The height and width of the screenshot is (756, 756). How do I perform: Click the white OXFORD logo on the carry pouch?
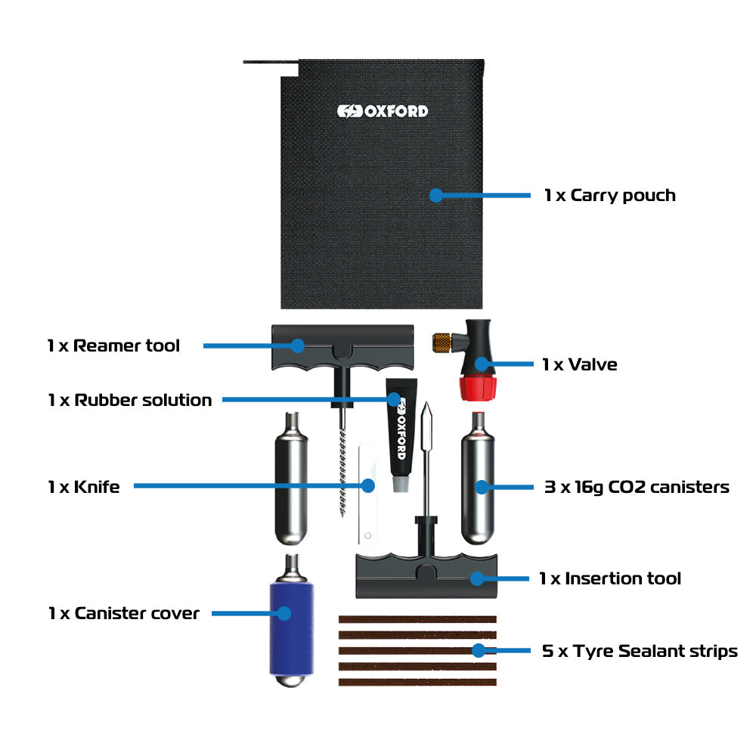point(383,111)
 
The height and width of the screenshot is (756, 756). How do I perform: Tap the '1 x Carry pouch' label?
point(609,195)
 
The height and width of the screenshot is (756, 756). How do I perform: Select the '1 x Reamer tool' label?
point(113,345)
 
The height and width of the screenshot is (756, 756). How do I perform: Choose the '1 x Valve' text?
point(579,364)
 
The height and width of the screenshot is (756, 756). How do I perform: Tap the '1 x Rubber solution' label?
point(130,400)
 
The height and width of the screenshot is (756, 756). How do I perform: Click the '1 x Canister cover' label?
point(124,613)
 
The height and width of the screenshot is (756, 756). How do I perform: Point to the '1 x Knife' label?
point(83,486)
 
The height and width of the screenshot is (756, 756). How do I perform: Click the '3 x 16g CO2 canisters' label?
point(637,486)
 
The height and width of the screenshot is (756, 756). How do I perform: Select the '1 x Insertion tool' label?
point(610,578)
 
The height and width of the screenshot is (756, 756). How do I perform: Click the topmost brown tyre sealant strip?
point(417,619)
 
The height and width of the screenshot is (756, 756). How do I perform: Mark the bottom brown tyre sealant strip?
point(417,682)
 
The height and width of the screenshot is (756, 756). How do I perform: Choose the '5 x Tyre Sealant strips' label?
point(640,650)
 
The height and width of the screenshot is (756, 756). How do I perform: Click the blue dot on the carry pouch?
point(435,195)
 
